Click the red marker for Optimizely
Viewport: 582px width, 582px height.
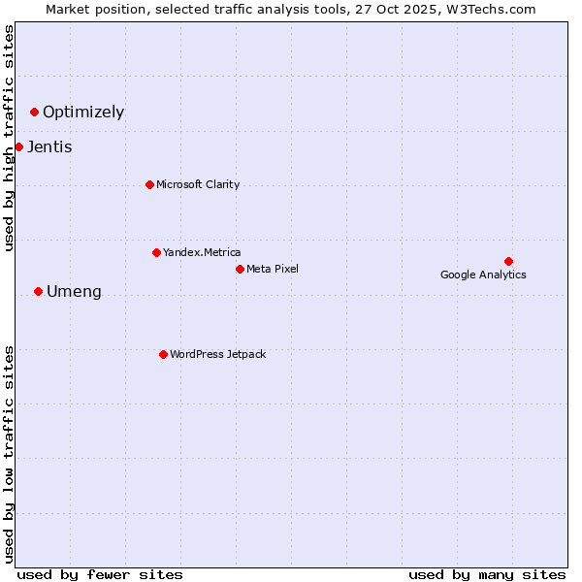[34, 112]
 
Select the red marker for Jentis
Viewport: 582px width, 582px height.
[18, 146]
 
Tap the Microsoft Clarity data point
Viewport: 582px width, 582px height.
[149, 184]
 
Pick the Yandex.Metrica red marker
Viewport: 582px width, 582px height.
[156, 252]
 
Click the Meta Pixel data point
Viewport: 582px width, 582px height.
[240, 269]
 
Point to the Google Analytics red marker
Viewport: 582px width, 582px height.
[508, 261]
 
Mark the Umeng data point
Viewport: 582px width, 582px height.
[38, 291]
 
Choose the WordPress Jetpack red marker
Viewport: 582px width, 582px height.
[163, 354]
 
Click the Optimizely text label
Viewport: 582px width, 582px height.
[83, 112]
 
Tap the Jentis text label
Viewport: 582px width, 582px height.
[49, 147]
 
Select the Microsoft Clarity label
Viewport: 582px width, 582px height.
[198, 184]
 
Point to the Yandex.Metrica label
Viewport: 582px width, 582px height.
[202, 252]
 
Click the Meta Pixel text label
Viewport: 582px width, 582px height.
[273, 269]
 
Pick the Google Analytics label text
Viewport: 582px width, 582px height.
[483, 275]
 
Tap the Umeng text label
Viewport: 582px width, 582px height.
[74, 292]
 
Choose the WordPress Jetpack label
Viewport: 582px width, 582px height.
[217, 354]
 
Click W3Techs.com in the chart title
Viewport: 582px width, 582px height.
[488, 9]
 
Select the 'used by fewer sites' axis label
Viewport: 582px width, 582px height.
[100, 574]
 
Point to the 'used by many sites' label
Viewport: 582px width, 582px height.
[487, 574]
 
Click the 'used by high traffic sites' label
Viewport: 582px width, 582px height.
[9, 137]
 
